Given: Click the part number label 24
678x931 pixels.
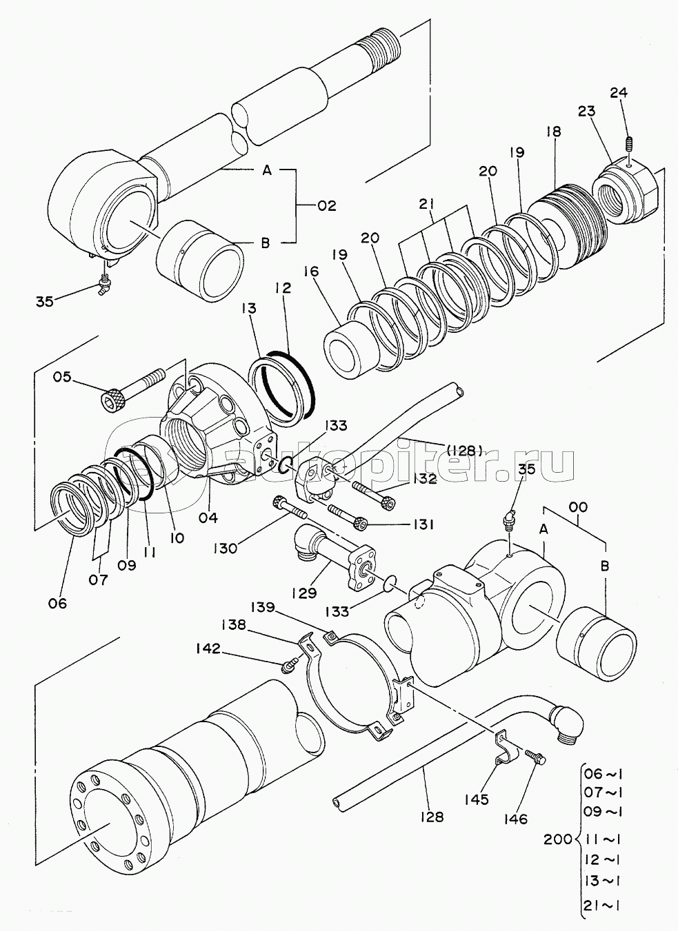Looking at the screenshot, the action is pos(619,92).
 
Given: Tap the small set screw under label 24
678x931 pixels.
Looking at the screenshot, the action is pos(629,145).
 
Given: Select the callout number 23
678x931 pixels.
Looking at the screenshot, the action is pos(586,112).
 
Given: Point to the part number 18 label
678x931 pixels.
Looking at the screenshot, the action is pos(554,132).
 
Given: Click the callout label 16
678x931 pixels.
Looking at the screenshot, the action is pos(310,272).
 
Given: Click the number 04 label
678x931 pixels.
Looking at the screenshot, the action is pos(208,518).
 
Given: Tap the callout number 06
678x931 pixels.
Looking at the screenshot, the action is pos(57,603).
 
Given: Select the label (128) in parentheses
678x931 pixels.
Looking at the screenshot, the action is pos(464,450).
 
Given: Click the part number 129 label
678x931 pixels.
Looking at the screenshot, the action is pos(304,593).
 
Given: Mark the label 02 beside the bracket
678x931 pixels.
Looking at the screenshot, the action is pos(326,206).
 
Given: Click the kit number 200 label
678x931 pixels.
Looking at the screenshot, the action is pos(558,839).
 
